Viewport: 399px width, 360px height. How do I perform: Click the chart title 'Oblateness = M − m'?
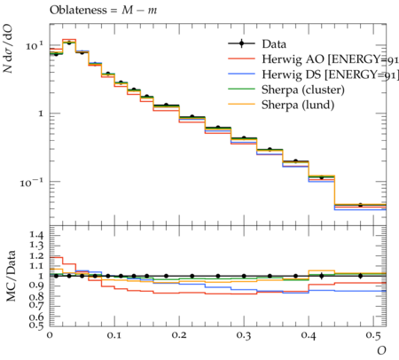tap(103, 11)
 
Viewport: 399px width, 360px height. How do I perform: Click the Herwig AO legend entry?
tap(313, 59)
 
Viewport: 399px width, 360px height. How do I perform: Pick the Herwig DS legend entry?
tap(313, 74)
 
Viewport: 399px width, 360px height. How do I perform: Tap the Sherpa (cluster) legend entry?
tap(286, 90)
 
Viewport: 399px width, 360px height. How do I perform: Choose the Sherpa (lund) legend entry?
tap(281, 105)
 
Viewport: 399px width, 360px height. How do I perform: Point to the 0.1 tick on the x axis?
tap(114, 335)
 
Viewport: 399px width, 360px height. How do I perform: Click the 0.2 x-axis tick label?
tap(179, 335)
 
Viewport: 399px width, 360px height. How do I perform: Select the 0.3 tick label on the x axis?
tap(244, 335)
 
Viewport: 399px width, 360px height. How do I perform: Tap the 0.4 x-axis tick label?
tap(309, 335)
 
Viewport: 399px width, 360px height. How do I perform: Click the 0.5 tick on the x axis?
tap(373, 335)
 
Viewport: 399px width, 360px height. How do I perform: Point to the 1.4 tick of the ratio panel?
tap(36, 236)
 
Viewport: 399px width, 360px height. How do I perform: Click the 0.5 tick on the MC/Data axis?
tap(36, 325)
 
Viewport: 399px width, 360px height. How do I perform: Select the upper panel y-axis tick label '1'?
tap(41, 113)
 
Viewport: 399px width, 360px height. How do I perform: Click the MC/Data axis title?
tap(11, 276)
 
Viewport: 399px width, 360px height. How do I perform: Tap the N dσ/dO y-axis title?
tap(8, 49)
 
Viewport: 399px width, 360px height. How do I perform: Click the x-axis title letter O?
tap(381, 350)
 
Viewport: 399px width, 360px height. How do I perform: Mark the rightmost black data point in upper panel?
tap(360, 205)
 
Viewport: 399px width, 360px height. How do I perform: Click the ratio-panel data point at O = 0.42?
tap(322, 276)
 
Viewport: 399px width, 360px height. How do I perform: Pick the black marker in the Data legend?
tap(241, 43)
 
